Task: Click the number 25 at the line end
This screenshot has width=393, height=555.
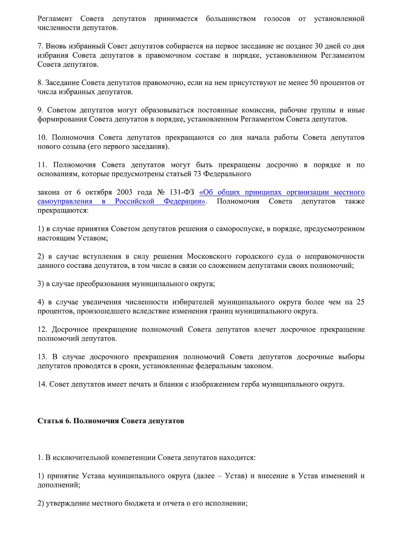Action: pyautogui.click(x=360, y=302)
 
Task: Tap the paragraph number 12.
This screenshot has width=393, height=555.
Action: pyautogui.click(x=41, y=329)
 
